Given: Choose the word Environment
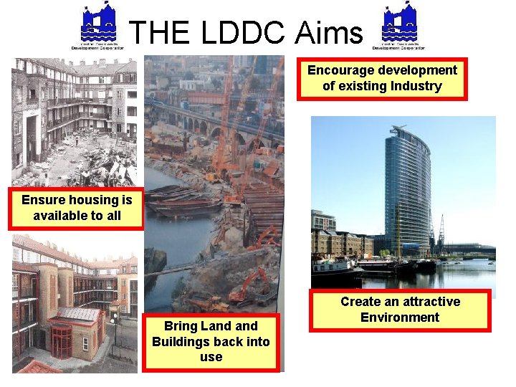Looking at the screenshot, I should tap(400, 317).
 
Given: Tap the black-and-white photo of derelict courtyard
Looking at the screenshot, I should tap(75, 122).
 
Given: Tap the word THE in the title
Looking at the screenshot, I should tap(154, 32).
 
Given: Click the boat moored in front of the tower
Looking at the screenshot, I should tap(336, 268).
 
